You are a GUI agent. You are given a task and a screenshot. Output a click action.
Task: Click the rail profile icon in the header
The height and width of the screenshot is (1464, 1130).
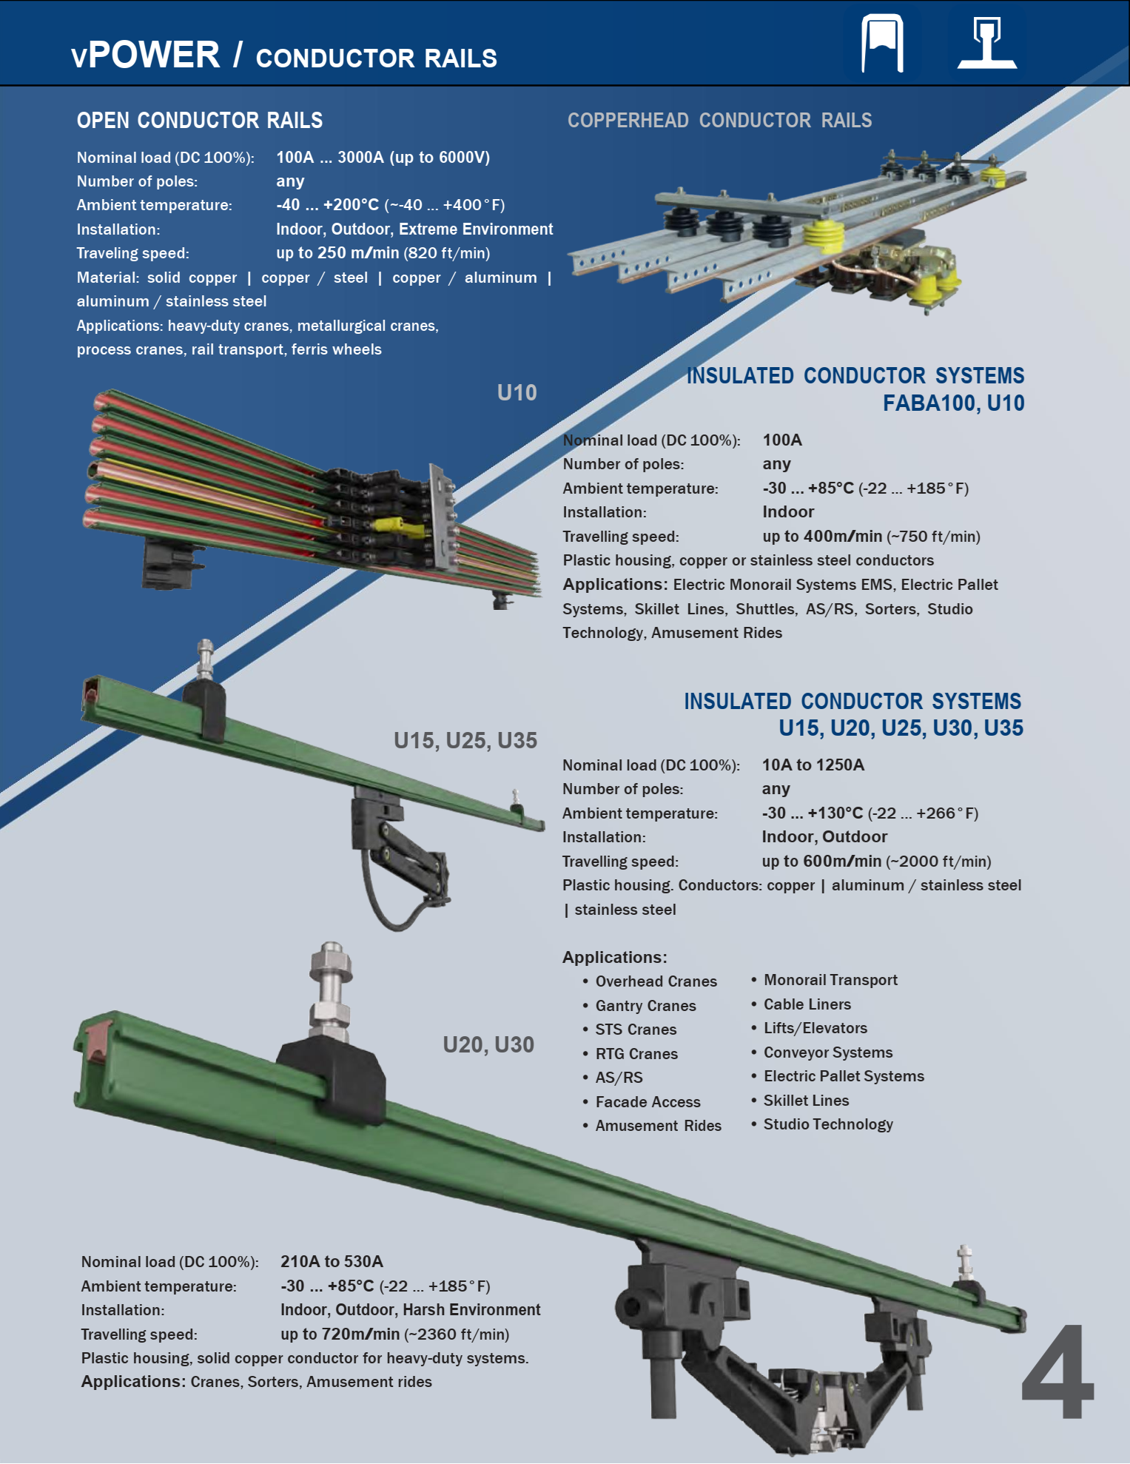click(x=987, y=43)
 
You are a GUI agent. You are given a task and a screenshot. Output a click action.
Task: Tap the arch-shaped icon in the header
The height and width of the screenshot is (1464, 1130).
click(x=883, y=43)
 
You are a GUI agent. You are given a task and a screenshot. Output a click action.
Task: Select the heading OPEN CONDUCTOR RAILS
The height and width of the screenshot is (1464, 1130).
click(x=200, y=121)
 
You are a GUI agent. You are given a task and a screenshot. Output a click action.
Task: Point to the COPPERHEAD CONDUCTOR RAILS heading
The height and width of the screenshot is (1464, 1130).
click(x=719, y=121)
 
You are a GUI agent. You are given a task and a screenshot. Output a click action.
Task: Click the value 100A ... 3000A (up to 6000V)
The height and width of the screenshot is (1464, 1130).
click(x=383, y=157)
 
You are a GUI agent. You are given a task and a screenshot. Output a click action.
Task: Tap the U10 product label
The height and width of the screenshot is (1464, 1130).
click(x=517, y=392)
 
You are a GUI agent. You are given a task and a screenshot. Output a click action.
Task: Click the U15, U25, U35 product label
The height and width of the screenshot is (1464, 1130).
click(x=465, y=740)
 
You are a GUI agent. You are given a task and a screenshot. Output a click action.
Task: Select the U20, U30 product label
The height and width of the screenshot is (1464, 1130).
click(x=488, y=1044)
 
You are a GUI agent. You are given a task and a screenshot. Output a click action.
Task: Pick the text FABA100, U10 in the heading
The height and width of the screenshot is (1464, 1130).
click(x=953, y=403)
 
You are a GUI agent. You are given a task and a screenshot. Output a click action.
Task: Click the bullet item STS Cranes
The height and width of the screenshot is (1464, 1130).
click(x=636, y=1030)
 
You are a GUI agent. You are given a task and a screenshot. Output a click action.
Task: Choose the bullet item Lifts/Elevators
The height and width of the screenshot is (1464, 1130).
click(x=815, y=1028)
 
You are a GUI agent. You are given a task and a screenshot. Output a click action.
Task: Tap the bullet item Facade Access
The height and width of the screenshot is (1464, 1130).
click(x=648, y=1102)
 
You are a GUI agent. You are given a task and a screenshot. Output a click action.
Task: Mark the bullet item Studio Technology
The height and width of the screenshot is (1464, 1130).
click(x=828, y=1124)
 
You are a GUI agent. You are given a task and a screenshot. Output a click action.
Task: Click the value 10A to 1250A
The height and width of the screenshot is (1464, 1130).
click(x=813, y=765)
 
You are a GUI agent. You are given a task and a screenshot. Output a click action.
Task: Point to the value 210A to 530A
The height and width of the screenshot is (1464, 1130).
click(x=332, y=1261)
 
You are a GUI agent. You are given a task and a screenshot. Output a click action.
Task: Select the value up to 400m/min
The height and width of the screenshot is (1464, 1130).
click(x=822, y=536)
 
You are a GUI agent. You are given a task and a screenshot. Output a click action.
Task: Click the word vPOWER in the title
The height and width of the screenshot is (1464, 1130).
click(x=146, y=56)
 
